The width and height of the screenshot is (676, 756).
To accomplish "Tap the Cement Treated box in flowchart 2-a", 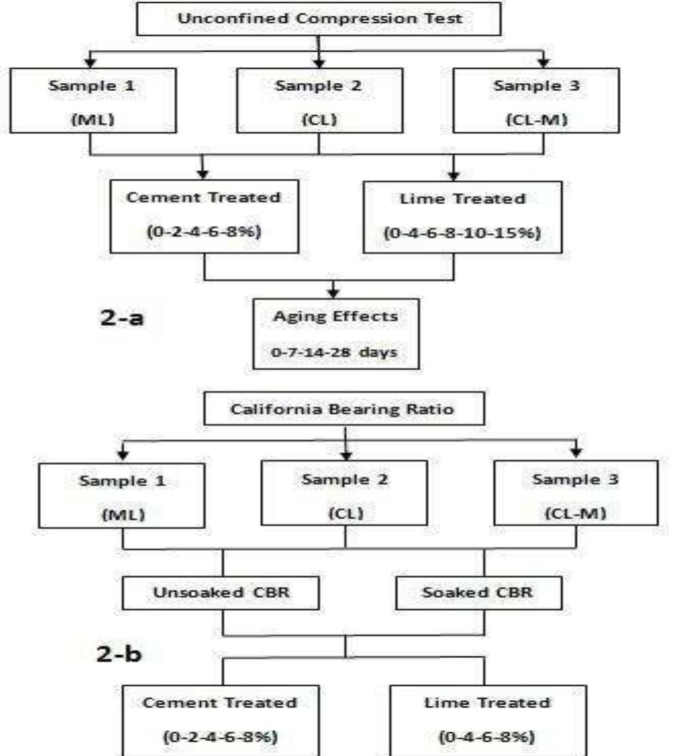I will [205, 216].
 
